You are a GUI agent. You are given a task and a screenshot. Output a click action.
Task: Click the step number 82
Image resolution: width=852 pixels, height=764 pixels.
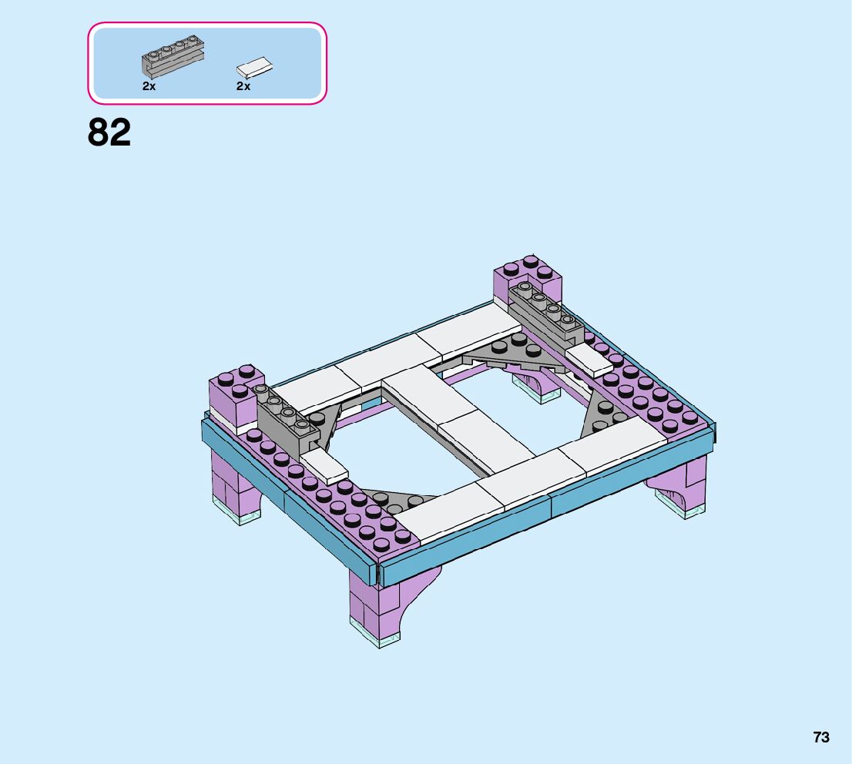tap(109, 132)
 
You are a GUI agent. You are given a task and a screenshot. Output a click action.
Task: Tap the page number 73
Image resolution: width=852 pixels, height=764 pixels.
tap(821, 737)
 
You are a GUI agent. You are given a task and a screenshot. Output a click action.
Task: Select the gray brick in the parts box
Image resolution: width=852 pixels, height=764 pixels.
tap(173, 56)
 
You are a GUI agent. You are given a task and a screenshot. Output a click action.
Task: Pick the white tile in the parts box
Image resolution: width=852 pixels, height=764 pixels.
tap(254, 67)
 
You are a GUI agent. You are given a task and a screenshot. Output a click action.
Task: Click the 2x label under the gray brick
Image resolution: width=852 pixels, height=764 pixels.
tap(149, 85)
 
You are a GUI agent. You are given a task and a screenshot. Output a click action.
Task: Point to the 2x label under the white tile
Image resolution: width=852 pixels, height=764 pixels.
tap(243, 85)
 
